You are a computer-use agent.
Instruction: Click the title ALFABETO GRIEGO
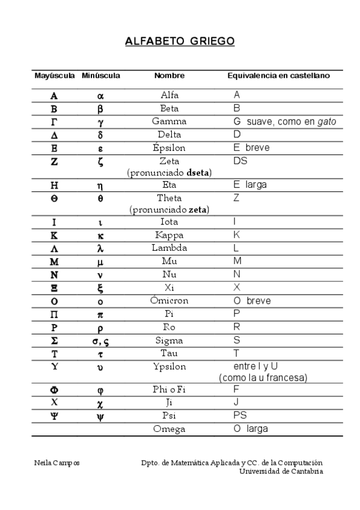[x=180, y=41]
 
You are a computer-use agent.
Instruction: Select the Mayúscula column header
[x=54, y=76]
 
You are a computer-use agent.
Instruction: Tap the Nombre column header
[x=169, y=76]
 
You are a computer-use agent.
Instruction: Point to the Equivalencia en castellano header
[x=278, y=76]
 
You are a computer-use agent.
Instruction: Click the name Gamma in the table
[x=169, y=121]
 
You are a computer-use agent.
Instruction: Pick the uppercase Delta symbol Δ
[x=54, y=135]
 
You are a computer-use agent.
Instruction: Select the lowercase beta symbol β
[x=100, y=109]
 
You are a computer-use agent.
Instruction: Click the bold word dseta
[x=198, y=173]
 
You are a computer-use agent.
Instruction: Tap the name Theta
[x=169, y=198]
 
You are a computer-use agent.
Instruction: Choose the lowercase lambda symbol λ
[x=100, y=248]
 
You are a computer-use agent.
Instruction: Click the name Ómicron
[x=169, y=301]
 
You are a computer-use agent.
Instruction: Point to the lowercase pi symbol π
[x=100, y=315]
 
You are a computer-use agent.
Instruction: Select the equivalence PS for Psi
[x=240, y=416]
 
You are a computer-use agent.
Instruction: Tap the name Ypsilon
[x=169, y=367]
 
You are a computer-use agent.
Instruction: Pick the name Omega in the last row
[x=169, y=429]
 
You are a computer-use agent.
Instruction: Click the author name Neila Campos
[x=57, y=462]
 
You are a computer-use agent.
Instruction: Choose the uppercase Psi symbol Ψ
[x=54, y=416]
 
